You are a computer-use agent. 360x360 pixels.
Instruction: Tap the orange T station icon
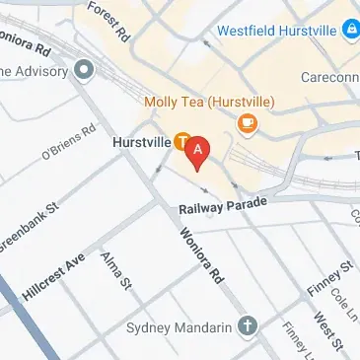pyautogui.click(x=182, y=142)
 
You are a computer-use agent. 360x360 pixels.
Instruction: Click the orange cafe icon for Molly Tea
pyautogui.click(x=247, y=121)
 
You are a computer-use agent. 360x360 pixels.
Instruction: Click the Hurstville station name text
pyautogui.click(x=141, y=142)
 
